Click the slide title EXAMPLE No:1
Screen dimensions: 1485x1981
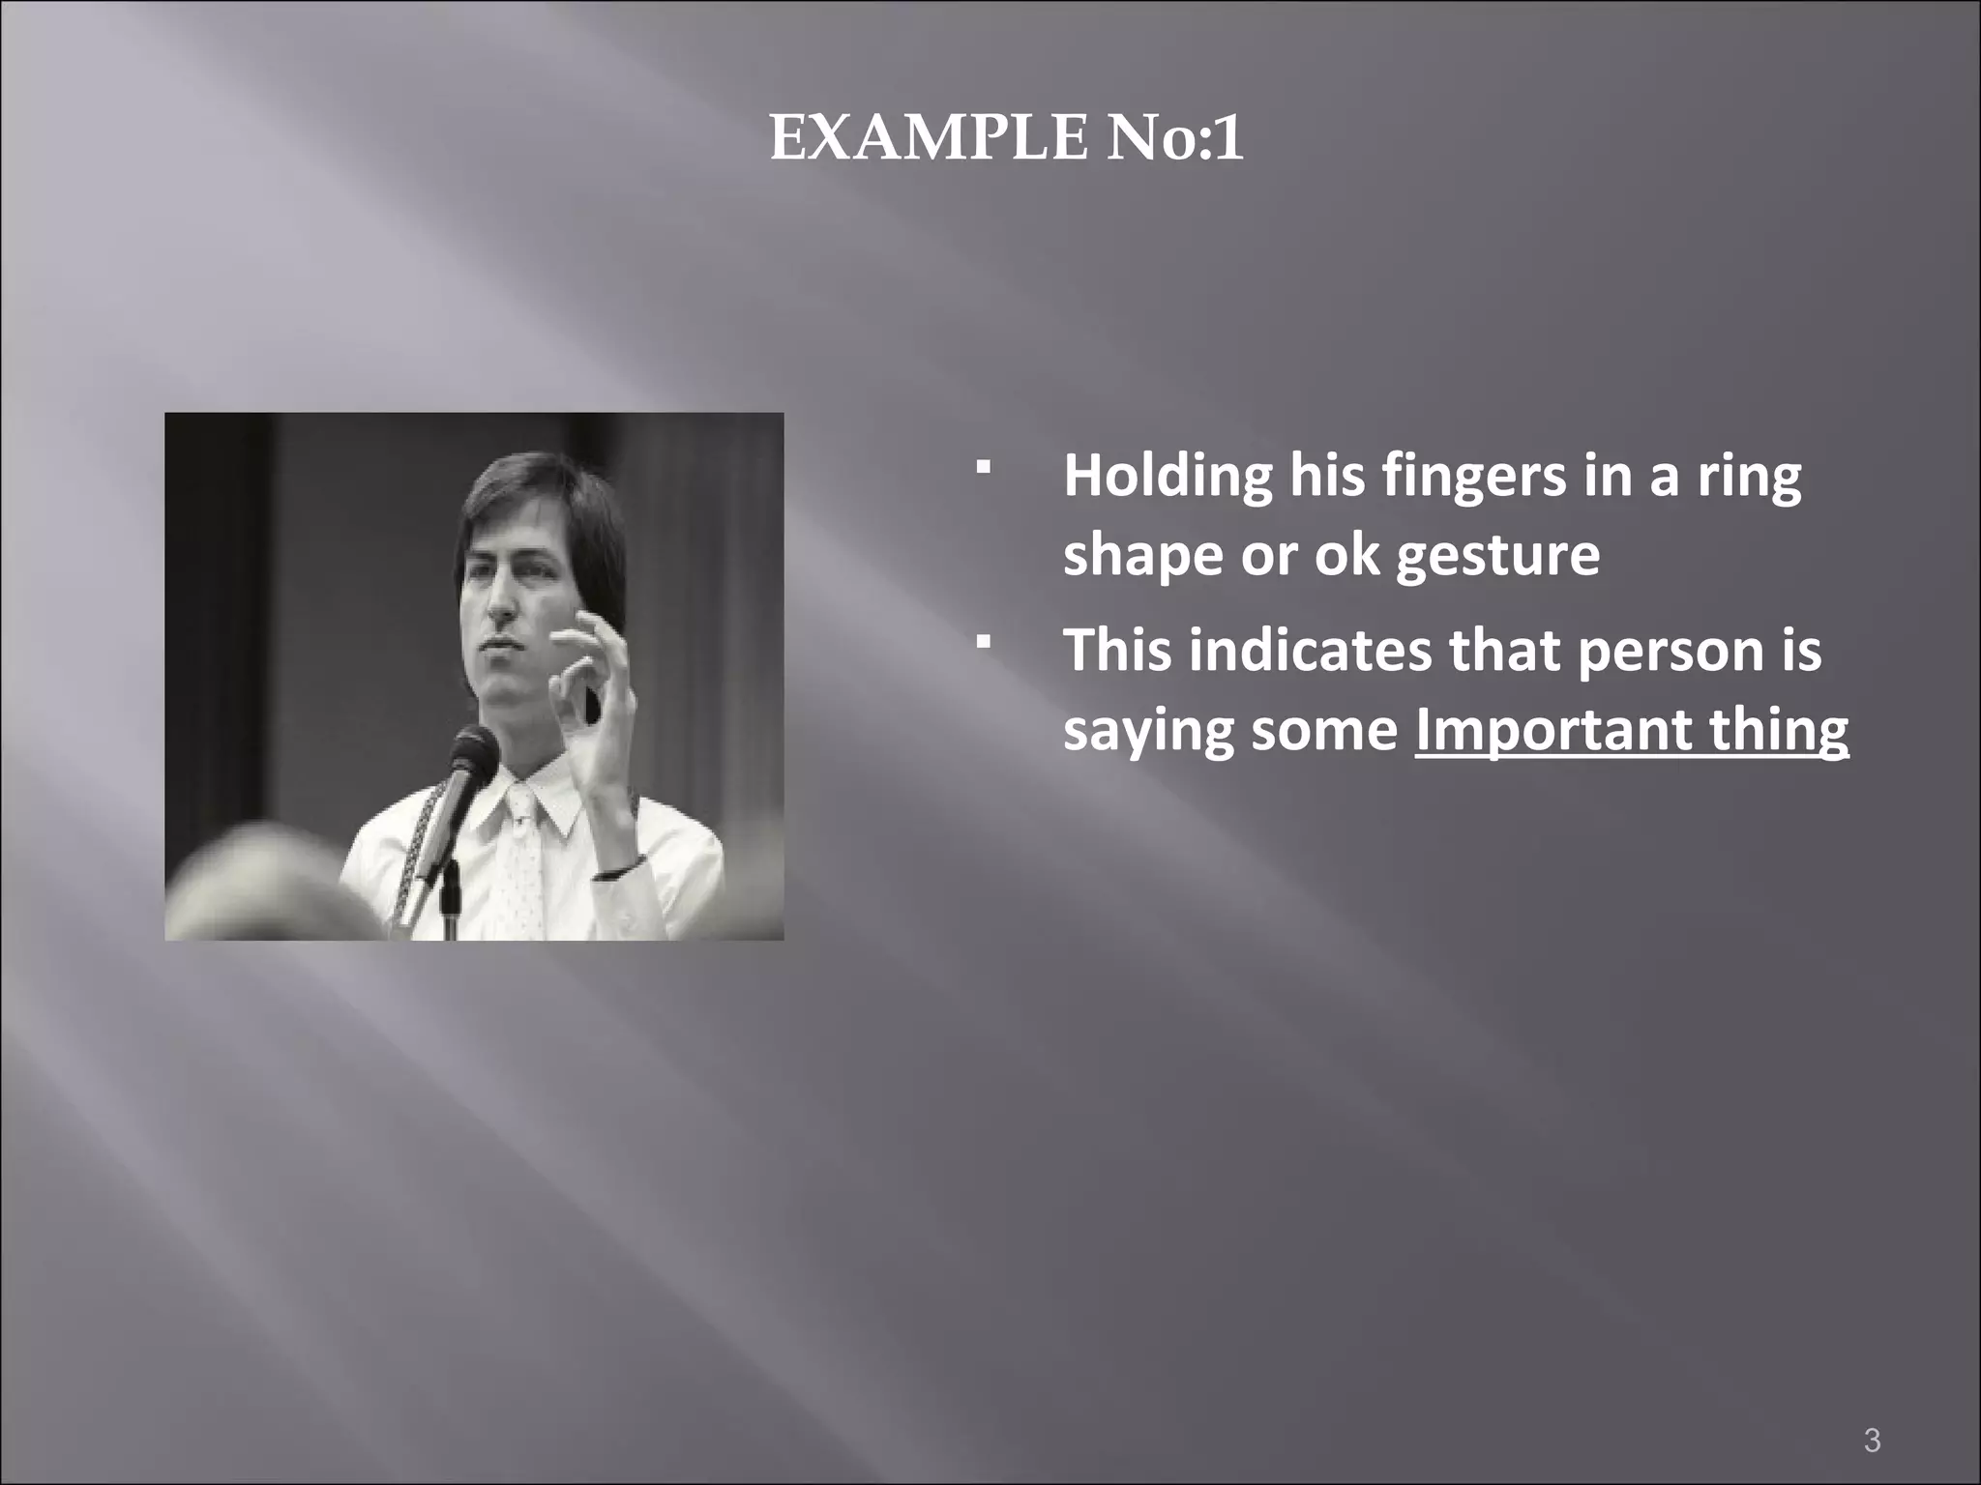1006,139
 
